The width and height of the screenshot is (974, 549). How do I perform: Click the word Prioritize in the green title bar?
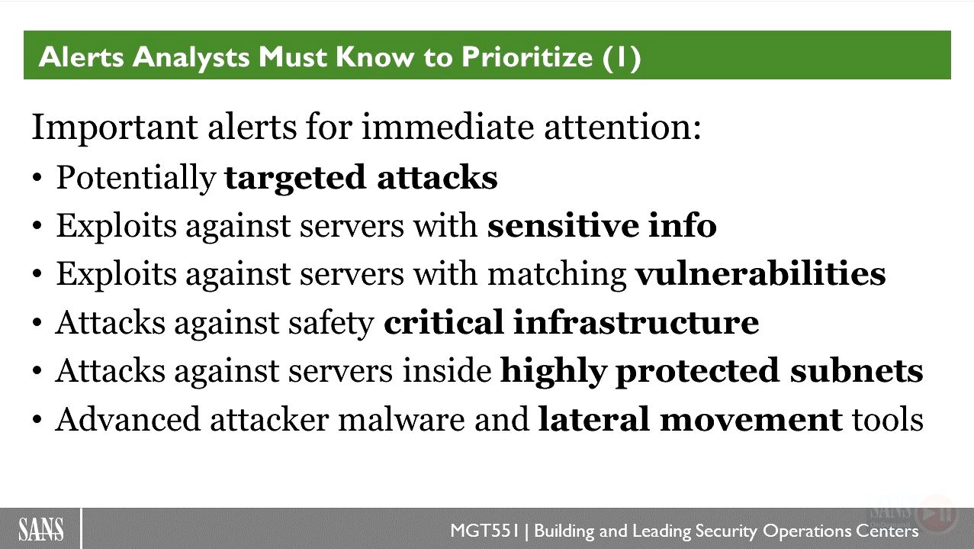tap(527, 57)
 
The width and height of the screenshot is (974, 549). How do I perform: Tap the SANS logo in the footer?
tap(41, 529)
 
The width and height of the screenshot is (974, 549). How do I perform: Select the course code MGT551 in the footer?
tap(485, 531)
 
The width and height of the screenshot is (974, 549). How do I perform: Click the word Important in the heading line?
tap(114, 128)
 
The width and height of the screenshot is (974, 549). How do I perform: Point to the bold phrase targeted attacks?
tap(361, 178)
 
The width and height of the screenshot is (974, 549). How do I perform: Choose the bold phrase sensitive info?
tap(602, 225)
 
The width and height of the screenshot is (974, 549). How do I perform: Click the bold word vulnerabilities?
tap(760, 273)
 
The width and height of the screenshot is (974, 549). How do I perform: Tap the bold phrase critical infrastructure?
tap(571, 322)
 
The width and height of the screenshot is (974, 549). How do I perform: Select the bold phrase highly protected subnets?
tap(712, 371)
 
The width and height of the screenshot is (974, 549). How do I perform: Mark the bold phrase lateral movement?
tap(690, 419)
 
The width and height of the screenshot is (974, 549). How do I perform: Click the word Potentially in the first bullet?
tap(136, 178)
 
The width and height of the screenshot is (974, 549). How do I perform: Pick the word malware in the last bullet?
tap(401, 419)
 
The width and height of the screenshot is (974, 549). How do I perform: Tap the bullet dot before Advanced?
tap(37, 420)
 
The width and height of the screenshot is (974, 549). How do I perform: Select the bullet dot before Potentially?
tap(37, 178)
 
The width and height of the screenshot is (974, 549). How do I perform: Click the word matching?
tap(557, 275)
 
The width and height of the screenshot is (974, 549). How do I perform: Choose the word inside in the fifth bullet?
tap(447, 370)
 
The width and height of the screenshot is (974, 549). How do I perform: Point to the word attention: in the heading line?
tap(622, 128)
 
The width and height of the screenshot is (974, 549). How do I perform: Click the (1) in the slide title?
tap(622, 58)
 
